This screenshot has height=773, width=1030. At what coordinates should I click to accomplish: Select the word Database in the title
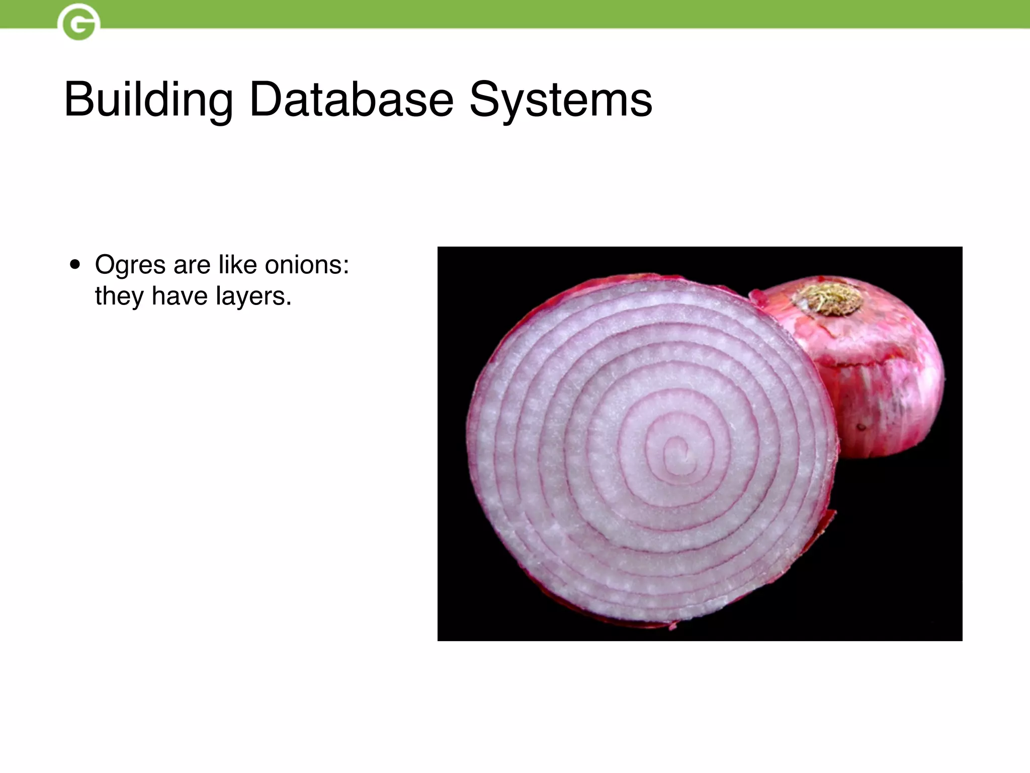(351, 100)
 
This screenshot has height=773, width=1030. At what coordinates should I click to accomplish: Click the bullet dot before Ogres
(75, 265)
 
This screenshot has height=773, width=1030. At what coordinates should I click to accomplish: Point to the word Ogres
(130, 266)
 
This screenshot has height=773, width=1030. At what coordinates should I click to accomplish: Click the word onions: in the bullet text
(307, 265)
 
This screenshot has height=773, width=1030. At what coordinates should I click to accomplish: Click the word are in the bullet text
(192, 266)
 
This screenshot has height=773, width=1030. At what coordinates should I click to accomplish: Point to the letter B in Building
(77, 100)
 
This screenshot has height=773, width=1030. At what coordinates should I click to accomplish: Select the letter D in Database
(265, 100)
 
